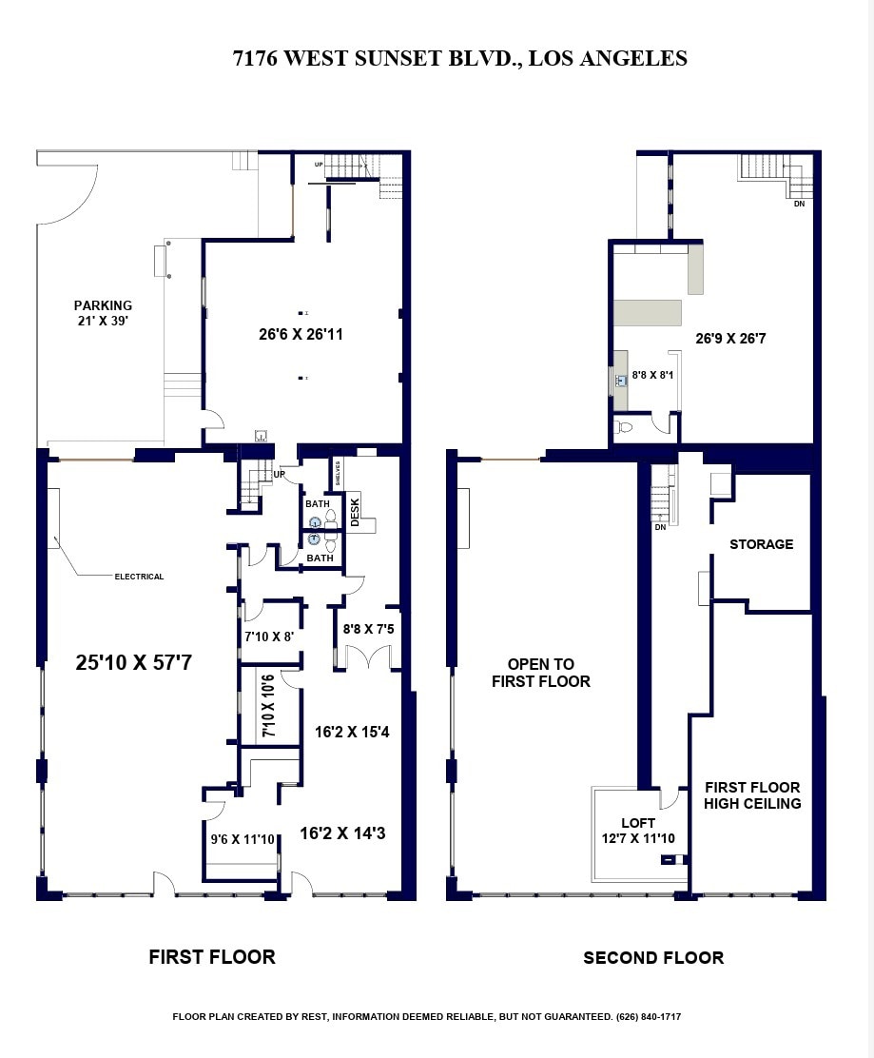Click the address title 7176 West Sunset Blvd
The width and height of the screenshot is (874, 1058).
coord(459,59)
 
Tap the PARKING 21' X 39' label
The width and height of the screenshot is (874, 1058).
coord(103,313)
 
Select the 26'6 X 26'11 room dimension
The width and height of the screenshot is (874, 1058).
coord(301,335)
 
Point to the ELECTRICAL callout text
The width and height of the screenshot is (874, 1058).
coord(139,577)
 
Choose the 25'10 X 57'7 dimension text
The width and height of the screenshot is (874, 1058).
coord(134,662)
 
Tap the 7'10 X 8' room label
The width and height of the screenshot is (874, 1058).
coord(269,637)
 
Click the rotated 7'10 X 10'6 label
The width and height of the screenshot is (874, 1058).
coord(269,706)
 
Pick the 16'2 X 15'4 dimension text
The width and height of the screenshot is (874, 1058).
coord(353,733)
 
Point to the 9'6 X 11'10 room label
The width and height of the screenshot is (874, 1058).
coord(243,839)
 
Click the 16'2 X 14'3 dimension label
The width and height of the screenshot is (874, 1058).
coord(342,833)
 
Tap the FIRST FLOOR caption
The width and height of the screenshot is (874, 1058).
coord(212,957)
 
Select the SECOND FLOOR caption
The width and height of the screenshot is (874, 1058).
coord(653,958)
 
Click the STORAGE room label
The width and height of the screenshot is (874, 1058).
coord(761,544)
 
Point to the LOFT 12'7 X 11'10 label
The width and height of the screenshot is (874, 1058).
coord(638,831)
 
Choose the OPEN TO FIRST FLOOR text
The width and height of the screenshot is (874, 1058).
coord(540,673)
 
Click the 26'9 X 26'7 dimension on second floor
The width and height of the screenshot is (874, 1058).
coord(730,338)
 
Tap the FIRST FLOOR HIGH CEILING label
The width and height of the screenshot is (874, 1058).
coord(752,795)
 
